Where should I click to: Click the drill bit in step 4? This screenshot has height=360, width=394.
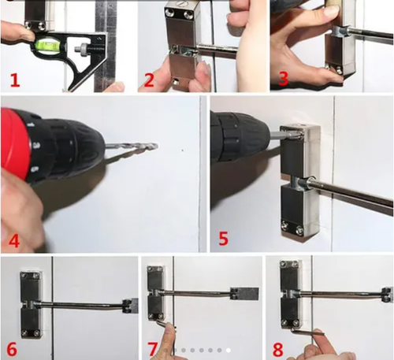pos(134,146)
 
